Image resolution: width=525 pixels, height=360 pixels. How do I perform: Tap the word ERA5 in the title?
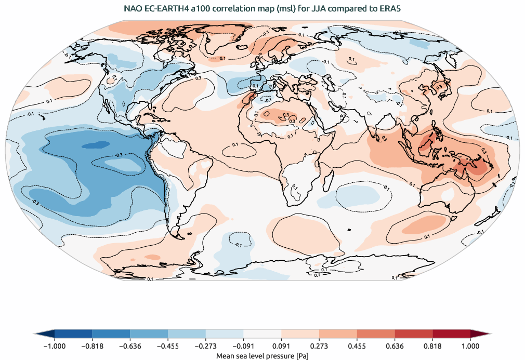click(x=390, y=8)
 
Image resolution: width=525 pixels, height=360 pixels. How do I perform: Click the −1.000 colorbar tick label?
click(x=54, y=346)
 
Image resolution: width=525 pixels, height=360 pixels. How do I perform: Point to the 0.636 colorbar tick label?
click(x=395, y=346)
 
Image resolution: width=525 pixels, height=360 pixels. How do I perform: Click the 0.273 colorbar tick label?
click(x=319, y=346)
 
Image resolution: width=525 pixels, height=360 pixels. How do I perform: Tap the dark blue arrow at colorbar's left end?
click(x=45, y=334)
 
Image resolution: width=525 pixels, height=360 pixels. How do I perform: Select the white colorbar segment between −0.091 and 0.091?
click(x=262, y=334)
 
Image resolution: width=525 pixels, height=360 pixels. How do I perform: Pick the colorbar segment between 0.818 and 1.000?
click(x=452, y=334)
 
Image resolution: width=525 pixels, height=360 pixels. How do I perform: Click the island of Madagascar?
click(x=329, y=180)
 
